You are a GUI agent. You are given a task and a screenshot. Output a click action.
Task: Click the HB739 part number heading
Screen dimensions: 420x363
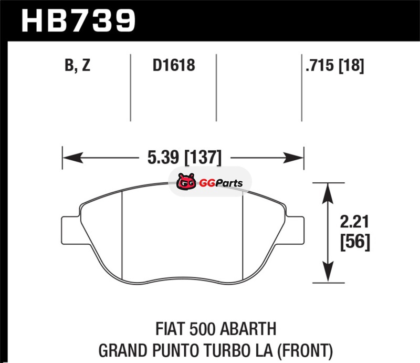click(x=78, y=20)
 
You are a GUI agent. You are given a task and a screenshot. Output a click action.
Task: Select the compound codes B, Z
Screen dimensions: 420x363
click(x=77, y=65)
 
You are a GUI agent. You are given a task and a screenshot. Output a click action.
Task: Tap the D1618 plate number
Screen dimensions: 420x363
click(x=174, y=65)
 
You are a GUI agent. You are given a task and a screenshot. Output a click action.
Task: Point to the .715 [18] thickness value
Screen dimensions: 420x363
click(x=335, y=66)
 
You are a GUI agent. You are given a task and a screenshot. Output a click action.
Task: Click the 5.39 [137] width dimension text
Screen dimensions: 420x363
click(x=185, y=157)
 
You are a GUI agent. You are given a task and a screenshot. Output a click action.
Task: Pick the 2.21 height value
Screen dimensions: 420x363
click(x=354, y=222)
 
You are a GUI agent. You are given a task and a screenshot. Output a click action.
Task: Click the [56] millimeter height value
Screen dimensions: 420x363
click(x=355, y=242)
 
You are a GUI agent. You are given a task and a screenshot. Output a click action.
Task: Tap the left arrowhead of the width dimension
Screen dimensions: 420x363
click(x=72, y=158)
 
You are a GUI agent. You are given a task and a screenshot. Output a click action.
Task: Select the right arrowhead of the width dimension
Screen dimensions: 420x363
click(x=293, y=158)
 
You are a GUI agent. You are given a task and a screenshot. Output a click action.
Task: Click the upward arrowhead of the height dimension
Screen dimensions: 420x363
click(x=328, y=193)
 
